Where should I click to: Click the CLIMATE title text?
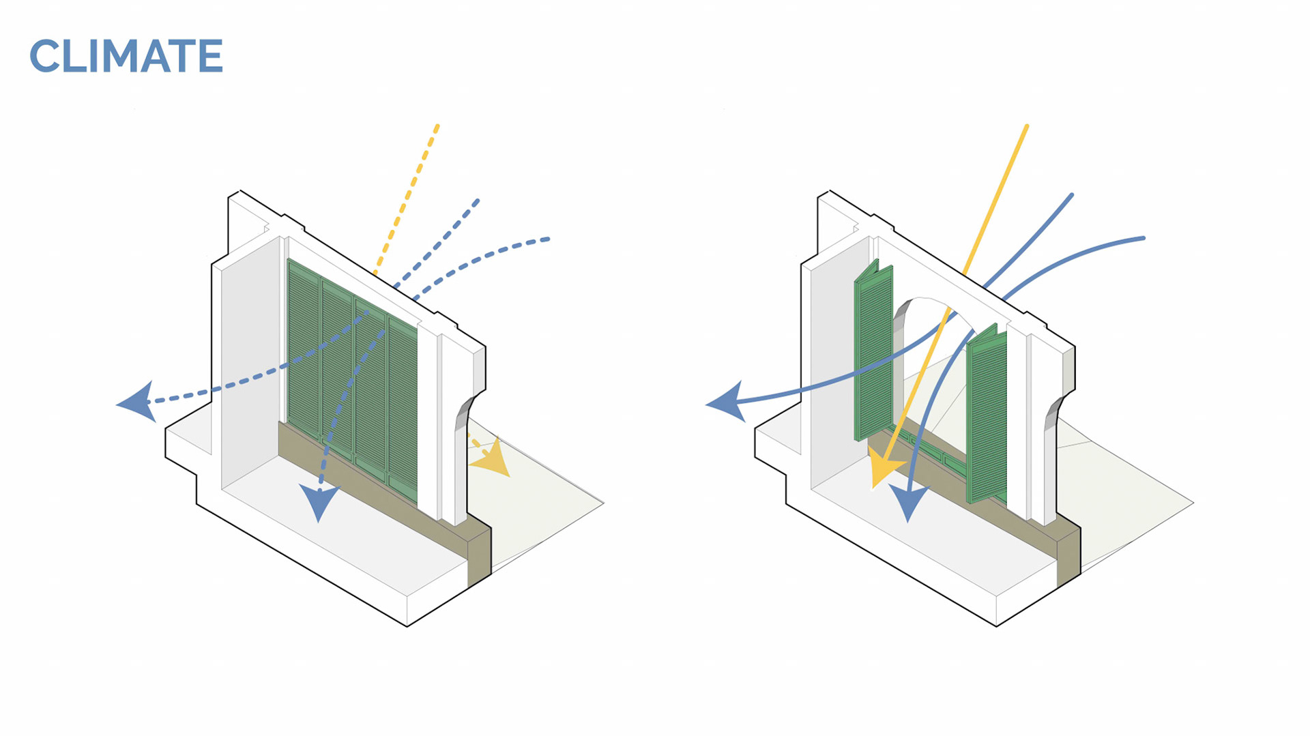click(126, 56)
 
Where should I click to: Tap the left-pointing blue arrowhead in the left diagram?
click(139, 402)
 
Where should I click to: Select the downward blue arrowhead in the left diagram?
click(319, 501)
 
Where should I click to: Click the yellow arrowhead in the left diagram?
click(493, 459)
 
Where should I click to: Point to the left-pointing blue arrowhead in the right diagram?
click(728, 402)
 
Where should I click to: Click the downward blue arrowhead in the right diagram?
click(909, 502)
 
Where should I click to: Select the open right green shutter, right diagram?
click(986, 415)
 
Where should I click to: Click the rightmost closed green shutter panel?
click(403, 409)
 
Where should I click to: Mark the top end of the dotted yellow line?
click(437, 126)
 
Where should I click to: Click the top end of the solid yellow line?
click(1026, 127)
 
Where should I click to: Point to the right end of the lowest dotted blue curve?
click(548, 239)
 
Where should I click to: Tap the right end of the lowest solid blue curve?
click(1143, 238)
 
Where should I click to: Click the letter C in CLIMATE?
click(46, 56)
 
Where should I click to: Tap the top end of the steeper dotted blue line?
click(478, 201)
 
